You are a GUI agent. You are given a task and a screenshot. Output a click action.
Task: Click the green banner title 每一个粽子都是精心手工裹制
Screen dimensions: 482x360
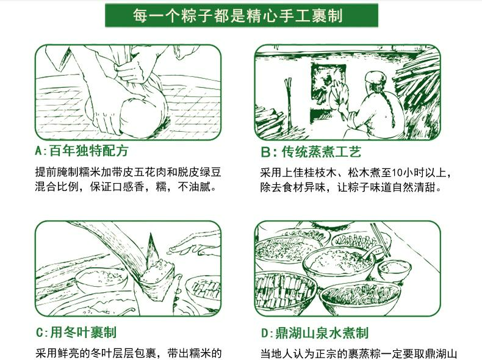click(x=237, y=15)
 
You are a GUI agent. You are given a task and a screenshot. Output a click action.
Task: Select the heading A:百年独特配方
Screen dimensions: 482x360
click(x=82, y=151)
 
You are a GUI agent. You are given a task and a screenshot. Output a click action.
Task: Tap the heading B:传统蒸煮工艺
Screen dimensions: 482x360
click(x=311, y=152)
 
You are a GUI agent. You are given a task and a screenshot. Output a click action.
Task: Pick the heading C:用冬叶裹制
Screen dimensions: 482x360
click(x=76, y=333)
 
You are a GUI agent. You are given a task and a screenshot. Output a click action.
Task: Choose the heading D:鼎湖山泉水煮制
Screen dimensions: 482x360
click(x=315, y=333)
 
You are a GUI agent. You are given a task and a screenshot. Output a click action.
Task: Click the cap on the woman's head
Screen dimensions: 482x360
click(x=375, y=77)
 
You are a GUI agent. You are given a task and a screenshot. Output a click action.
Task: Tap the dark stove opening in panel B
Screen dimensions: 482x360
click(x=326, y=80)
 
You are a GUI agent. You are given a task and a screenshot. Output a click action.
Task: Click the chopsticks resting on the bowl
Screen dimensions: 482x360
click(x=381, y=239)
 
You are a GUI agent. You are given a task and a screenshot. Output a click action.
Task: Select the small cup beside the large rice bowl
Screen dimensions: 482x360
click(x=394, y=270)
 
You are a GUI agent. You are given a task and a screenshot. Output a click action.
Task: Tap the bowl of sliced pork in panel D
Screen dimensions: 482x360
click(x=285, y=290)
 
